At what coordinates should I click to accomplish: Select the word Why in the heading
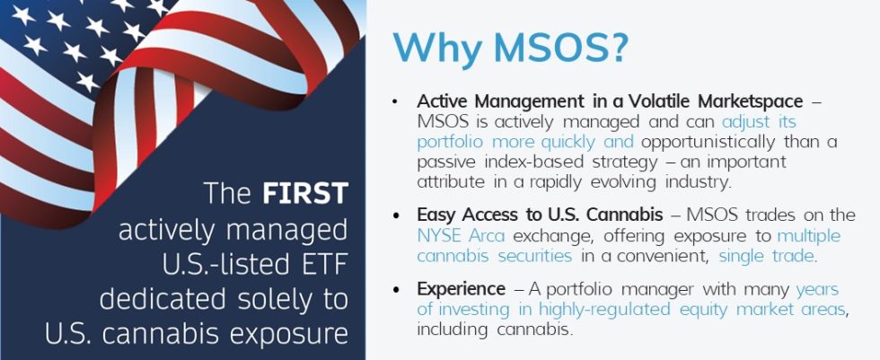click(x=438, y=48)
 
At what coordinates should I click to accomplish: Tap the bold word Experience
click(x=460, y=289)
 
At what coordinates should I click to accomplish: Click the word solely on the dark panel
click(x=283, y=299)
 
